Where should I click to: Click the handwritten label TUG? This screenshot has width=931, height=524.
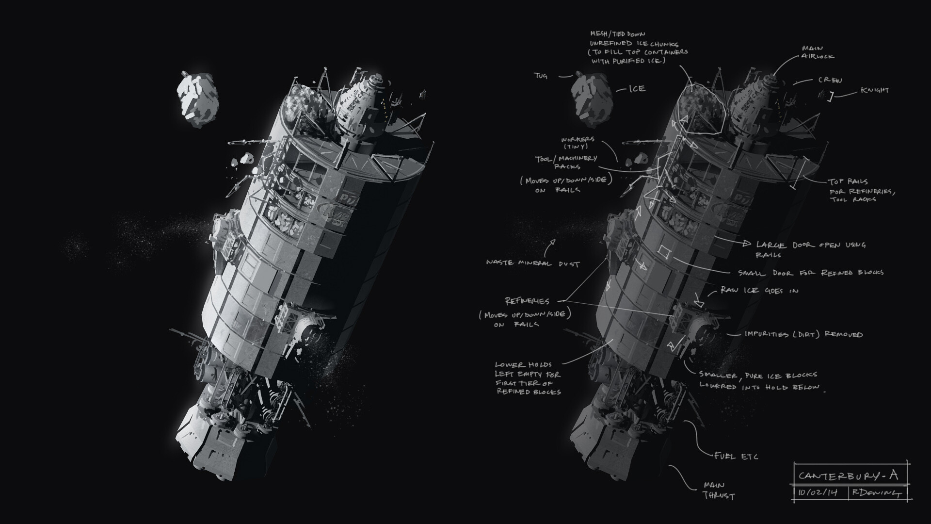tap(541, 76)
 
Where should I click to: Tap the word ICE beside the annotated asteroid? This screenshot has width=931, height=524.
tap(637, 89)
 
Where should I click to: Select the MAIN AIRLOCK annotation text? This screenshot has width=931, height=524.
tap(818, 52)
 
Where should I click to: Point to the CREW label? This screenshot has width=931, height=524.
tap(830, 81)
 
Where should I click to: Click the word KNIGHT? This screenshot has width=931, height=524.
tap(874, 90)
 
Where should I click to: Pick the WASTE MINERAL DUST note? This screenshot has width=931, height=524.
tap(533, 263)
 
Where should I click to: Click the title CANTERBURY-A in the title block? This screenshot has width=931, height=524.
tap(848, 475)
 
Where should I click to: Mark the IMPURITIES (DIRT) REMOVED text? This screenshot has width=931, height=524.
tap(803, 334)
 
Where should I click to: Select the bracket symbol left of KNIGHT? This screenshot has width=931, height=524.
tap(830, 97)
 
